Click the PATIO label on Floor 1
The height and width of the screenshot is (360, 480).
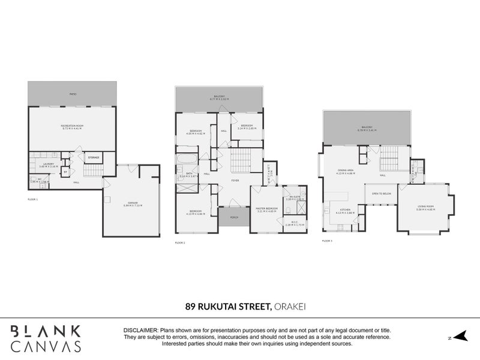click(72, 95)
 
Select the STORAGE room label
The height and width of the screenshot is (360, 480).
click(93, 157)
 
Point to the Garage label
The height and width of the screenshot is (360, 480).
click(133, 204)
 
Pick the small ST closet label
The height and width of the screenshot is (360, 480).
click(65, 172)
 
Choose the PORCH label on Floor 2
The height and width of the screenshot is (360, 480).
click(233, 217)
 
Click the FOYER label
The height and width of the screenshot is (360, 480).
click(236, 181)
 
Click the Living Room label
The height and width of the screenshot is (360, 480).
click(426, 207)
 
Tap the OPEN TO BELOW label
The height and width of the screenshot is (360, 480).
click(382, 194)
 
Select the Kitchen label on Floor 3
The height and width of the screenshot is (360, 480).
click(345, 211)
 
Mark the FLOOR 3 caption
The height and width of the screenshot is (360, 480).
click(327, 240)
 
